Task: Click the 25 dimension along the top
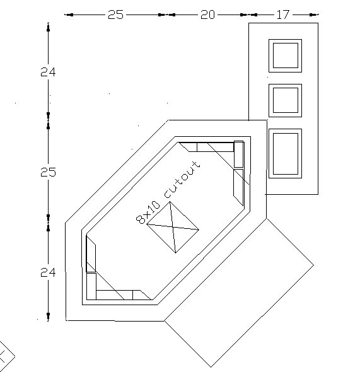pyautogui.click(x=116, y=15)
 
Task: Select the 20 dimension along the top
pyautogui.click(x=208, y=15)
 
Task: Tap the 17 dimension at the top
pyautogui.click(x=283, y=15)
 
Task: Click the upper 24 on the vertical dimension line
pyautogui.click(x=48, y=72)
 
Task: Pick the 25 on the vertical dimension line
pyautogui.click(x=48, y=172)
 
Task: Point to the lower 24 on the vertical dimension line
pyautogui.click(x=48, y=272)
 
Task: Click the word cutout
pyautogui.click(x=182, y=180)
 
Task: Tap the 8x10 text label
pyautogui.click(x=148, y=212)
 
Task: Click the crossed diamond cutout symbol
pyautogui.click(x=173, y=227)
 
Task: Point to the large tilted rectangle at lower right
pyautogui.click(x=239, y=293)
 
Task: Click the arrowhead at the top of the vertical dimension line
pyautogui.click(x=48, y=29)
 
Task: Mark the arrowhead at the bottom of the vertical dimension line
pyautogui.click(x=48, y=315)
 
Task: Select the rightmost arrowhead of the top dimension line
pyautogui.click(x=313, y=15)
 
